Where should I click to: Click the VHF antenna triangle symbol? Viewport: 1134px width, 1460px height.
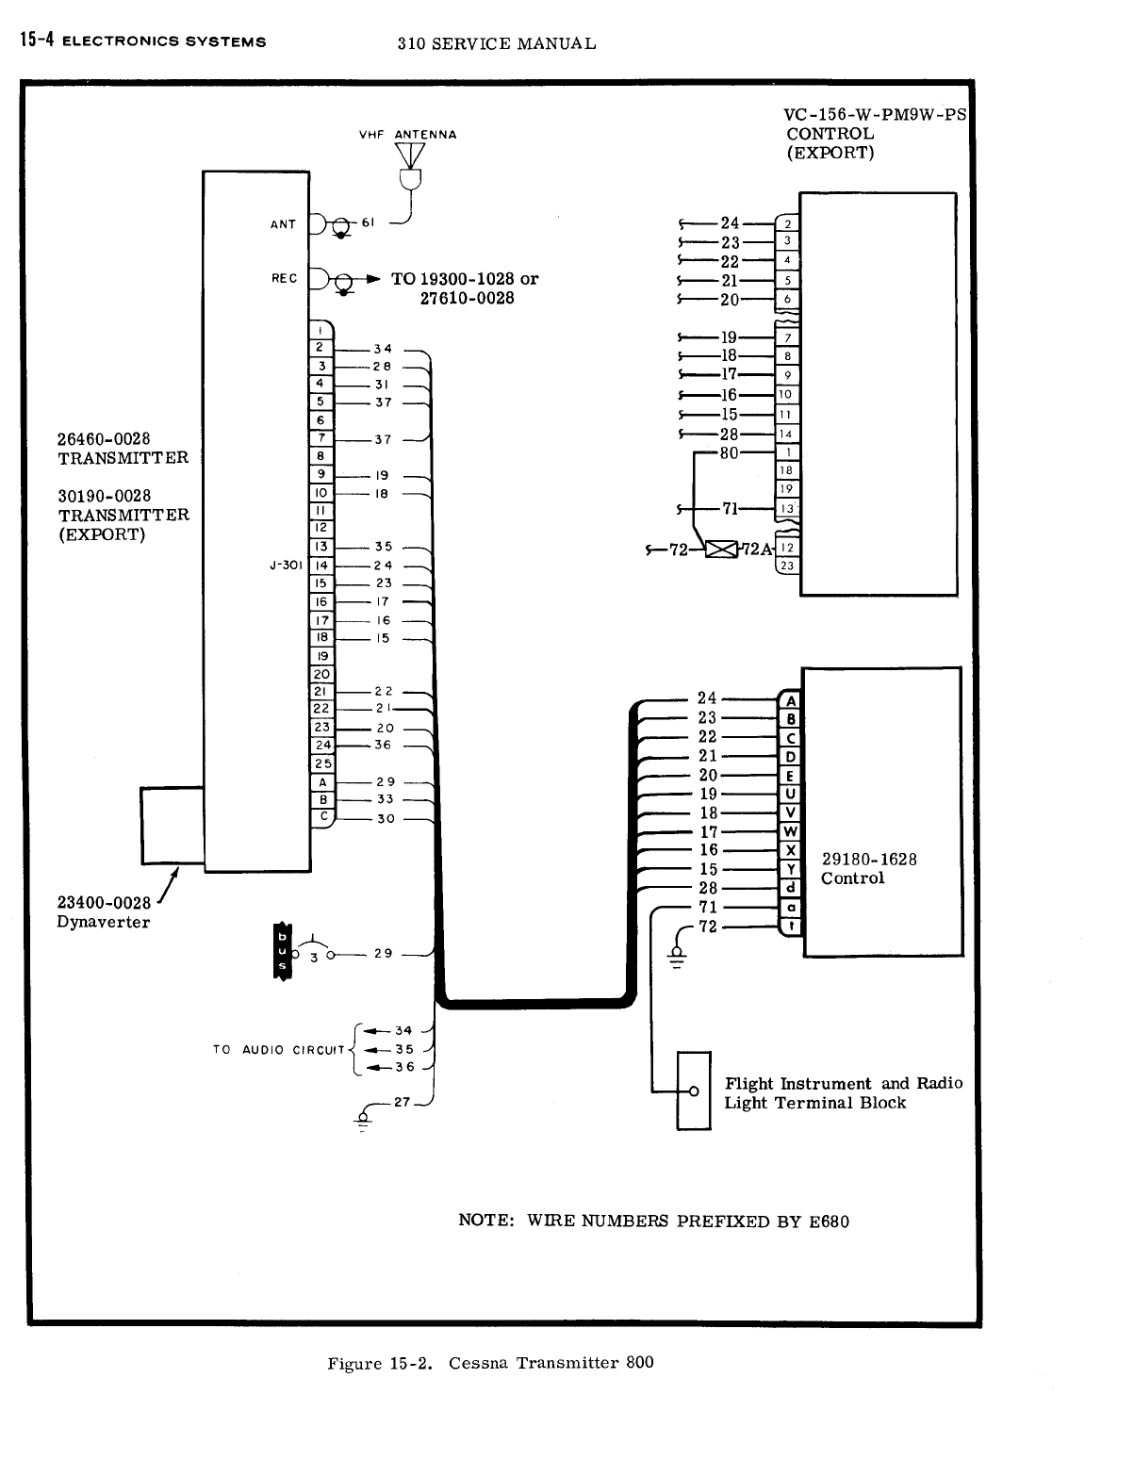pyautogui.click(x=410, y=156)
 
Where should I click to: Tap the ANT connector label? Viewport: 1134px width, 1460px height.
pyautogui.click(x=283, y=224)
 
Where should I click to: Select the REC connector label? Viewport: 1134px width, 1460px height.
pyautogui.click(x=284, y=278)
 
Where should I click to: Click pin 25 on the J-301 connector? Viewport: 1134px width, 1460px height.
pyautogui.click(x=322, y=763)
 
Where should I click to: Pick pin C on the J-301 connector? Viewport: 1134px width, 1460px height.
pyautogui.click(x=322, y=817)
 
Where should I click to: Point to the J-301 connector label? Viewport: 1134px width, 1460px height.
pyautogui.click(x=284, y=566)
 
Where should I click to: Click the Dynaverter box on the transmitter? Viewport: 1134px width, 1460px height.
pyautogui.click(x=173, y=825)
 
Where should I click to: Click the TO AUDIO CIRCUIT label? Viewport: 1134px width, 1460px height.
pyautogui.click(x=280, y=1049)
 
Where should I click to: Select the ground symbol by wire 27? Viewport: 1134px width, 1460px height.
pyautogui.click(x=363, y=1118)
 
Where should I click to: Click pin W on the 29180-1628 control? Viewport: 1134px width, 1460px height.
pyautogui.click(x=791, y=831)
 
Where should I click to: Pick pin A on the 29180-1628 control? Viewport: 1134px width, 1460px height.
pyautogui.click(x=791, y=701)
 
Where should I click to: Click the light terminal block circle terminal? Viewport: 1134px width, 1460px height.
pyautogui.click(x=693, y=1091)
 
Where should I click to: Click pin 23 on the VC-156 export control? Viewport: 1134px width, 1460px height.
pyautogui.click(x=787, y=566)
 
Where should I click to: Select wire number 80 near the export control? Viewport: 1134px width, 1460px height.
pyautogui.click(x=729, y=452)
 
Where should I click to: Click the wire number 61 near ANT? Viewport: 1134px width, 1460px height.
pyautogui.click(x=369, y=222)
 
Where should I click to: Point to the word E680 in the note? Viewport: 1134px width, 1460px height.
pyautogui.click(x=829, y=1222)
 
